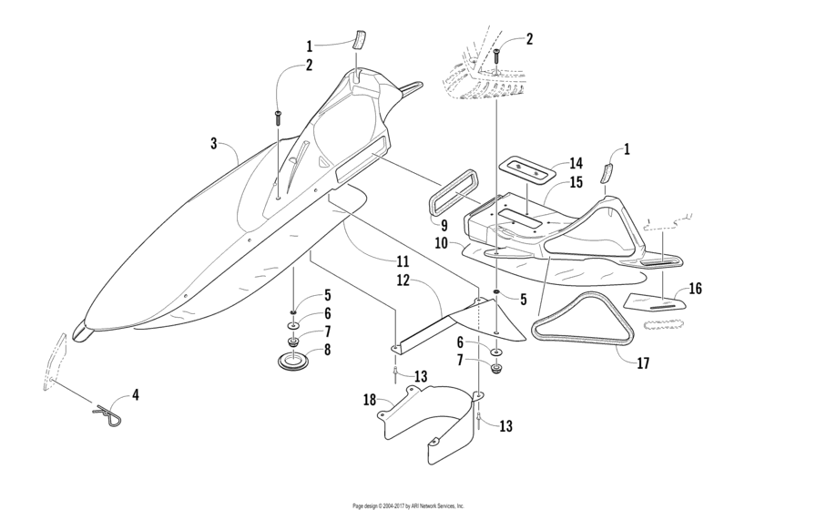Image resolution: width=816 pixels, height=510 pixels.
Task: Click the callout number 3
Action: click(213, 144)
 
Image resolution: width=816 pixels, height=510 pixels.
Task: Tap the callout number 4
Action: click(136, 395)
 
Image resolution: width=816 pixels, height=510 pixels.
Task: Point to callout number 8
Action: click(327, 349)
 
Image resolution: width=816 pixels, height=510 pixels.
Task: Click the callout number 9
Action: click(444, 226)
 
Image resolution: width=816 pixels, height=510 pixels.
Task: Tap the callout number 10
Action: click(441, 243)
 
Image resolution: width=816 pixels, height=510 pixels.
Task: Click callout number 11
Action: click(403, 261)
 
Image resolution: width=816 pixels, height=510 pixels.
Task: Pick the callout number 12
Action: click(403, 280)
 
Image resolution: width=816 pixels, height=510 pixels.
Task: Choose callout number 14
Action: click(576, 163)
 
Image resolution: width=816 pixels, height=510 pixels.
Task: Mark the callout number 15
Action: click(576, 183)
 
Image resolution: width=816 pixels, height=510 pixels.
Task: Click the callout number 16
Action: click(695, 289)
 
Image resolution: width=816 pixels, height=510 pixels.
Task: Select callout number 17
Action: click(643, 363)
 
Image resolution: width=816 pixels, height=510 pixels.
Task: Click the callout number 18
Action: click(370, 400)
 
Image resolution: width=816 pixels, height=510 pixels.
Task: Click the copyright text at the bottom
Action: click(408, 505)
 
